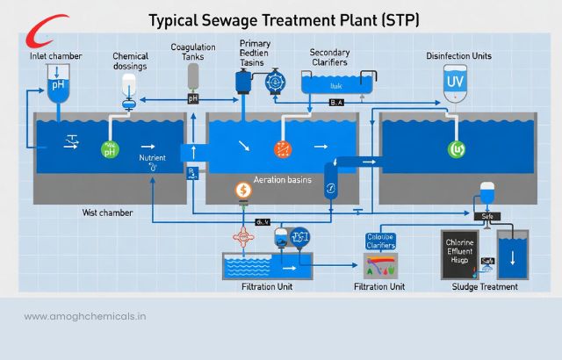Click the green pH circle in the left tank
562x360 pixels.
click(111, 148)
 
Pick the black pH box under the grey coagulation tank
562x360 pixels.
click(193, 98)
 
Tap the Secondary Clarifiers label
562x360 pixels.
click(329, 57)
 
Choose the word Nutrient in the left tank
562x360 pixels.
click(152, 159)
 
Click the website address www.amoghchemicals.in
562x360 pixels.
click(86, 317)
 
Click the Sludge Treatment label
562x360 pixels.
click(486, 286)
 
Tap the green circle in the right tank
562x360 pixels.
click(456, 148)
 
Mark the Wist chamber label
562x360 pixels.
click(107, 212)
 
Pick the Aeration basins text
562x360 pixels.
click(282, 179)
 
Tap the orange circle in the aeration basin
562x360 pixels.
click(282, 148)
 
